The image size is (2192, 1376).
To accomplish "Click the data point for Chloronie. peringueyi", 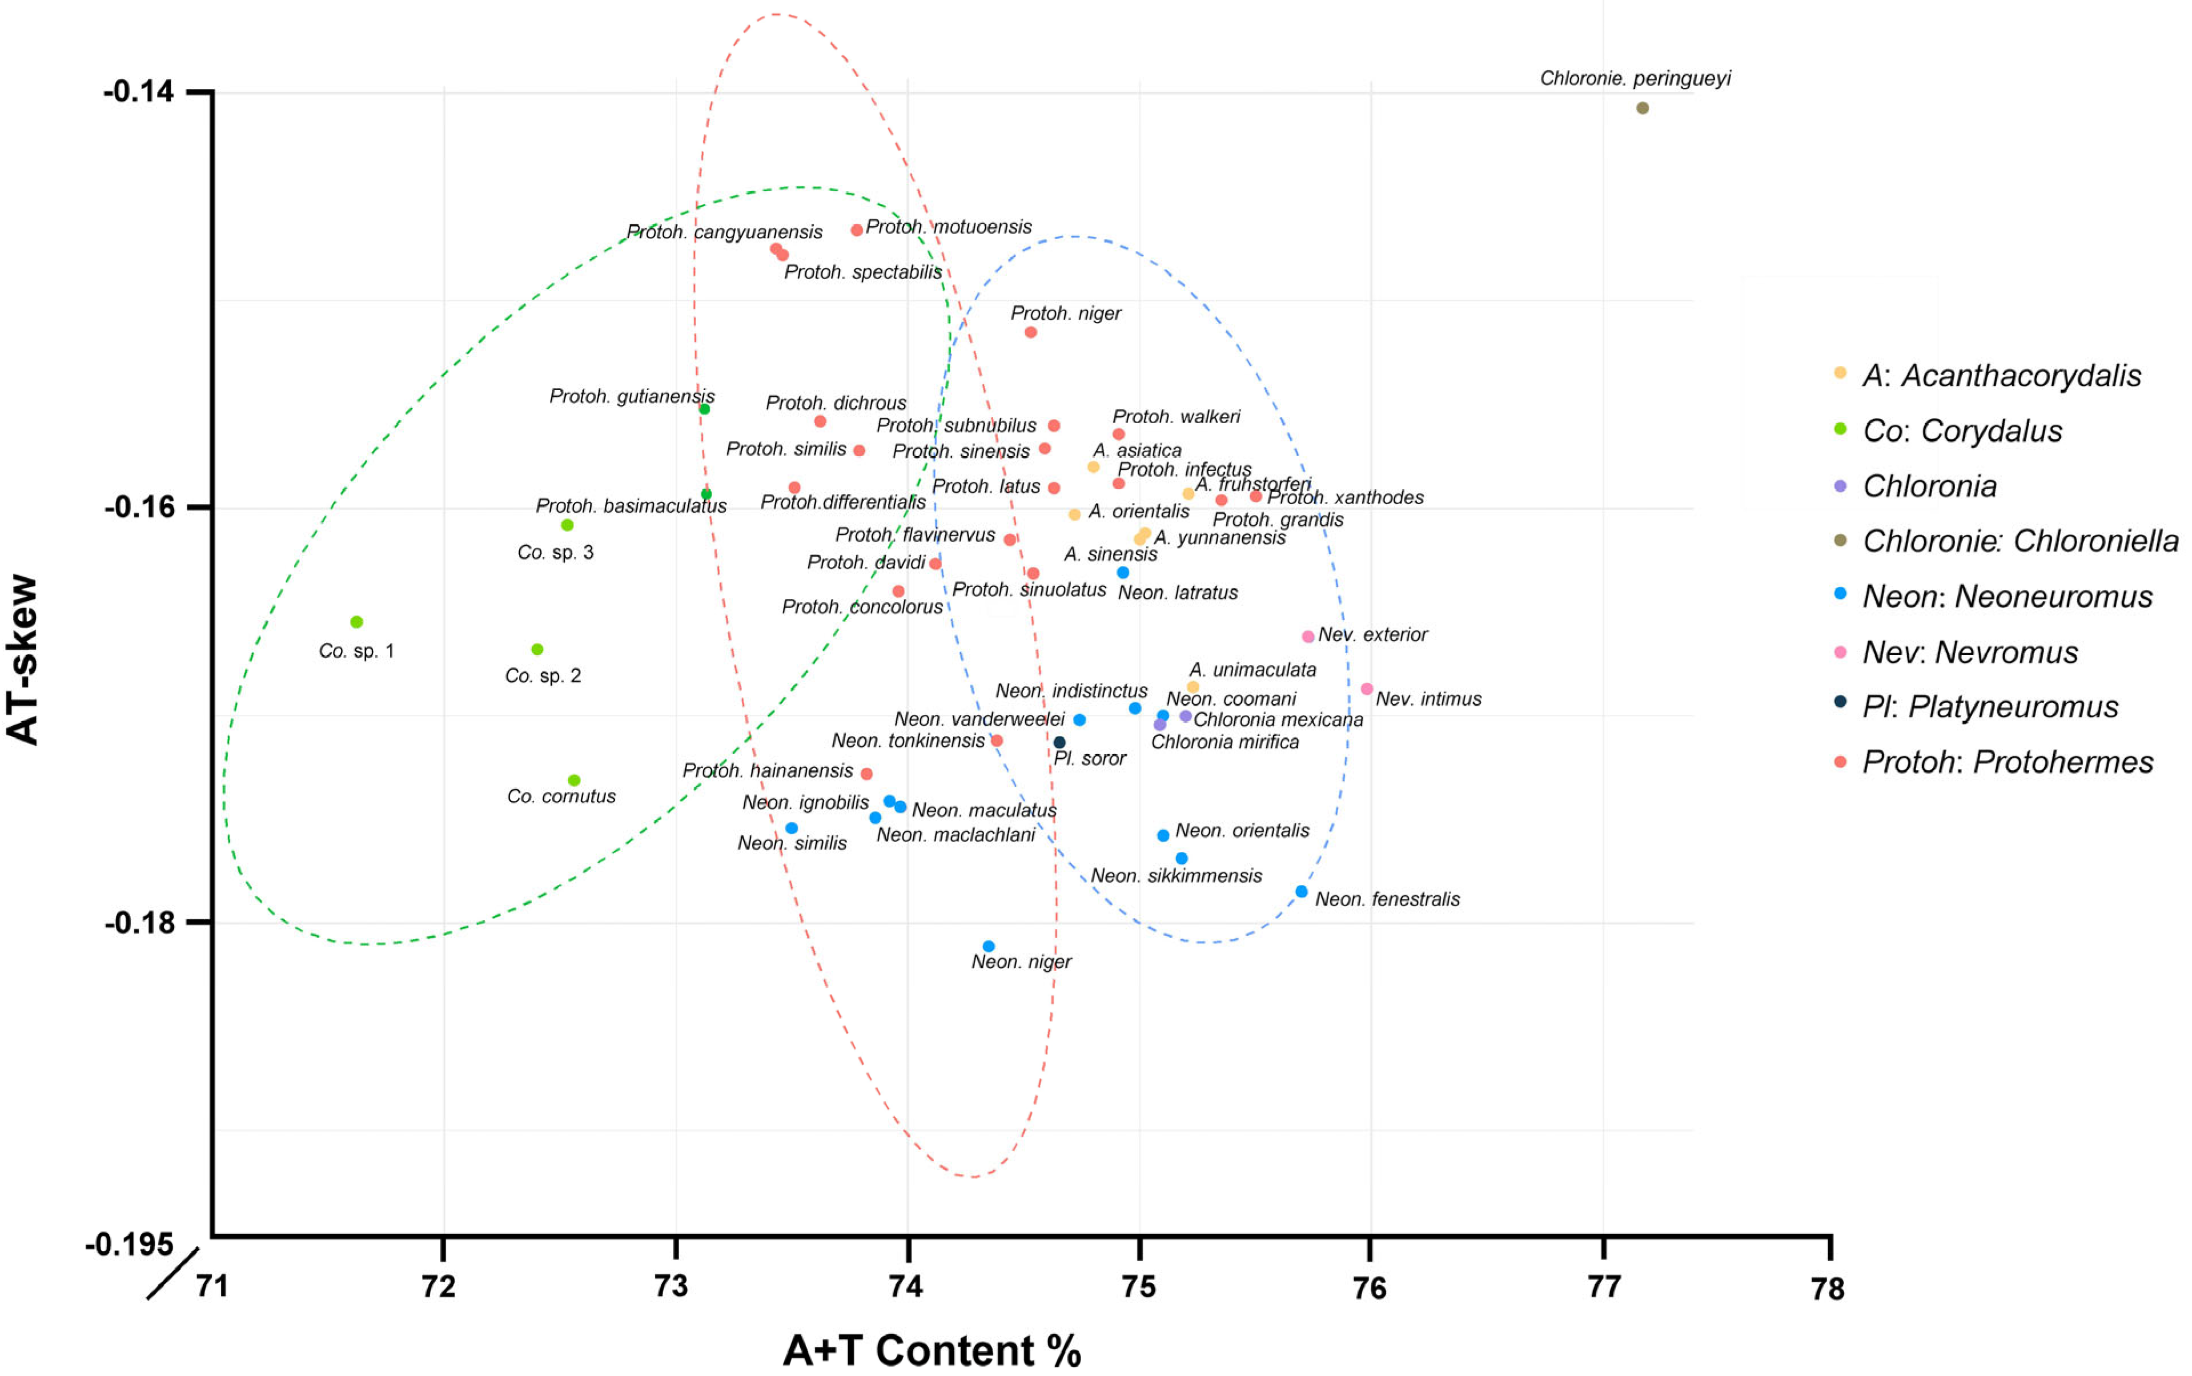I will pyautogui.click(x=1642, y=108).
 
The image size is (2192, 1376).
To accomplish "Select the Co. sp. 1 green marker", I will pyautogui.click(x=357, y=622).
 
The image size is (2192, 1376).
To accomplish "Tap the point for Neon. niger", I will pyautogui.click(x=989, y=947).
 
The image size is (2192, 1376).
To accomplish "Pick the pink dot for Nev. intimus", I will pyautogui.click(x=1366, y=689).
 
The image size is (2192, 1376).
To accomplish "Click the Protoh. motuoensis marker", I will pyautogui.click(x=857, y=230).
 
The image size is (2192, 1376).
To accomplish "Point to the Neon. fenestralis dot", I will pyautogui.click(x=1302, y=892).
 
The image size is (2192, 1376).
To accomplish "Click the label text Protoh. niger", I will pyautogui.click(x=1065, y=313).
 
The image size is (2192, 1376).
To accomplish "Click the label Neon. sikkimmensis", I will pyautogui.click(x=1175, y=875).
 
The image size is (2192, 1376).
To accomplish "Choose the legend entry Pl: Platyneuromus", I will pyautogui.click(x=1990, y=707).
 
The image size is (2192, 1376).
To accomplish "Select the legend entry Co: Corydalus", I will pyautogui.click(x=1962, y=430).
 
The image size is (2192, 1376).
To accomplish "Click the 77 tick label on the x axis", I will pyautogui.click(x=1604, y=1287).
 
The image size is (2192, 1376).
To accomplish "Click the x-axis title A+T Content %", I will pyautogui.click(x=932, y=1350).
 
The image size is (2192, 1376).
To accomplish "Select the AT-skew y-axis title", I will pyautogui.click(x=23, y=660).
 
